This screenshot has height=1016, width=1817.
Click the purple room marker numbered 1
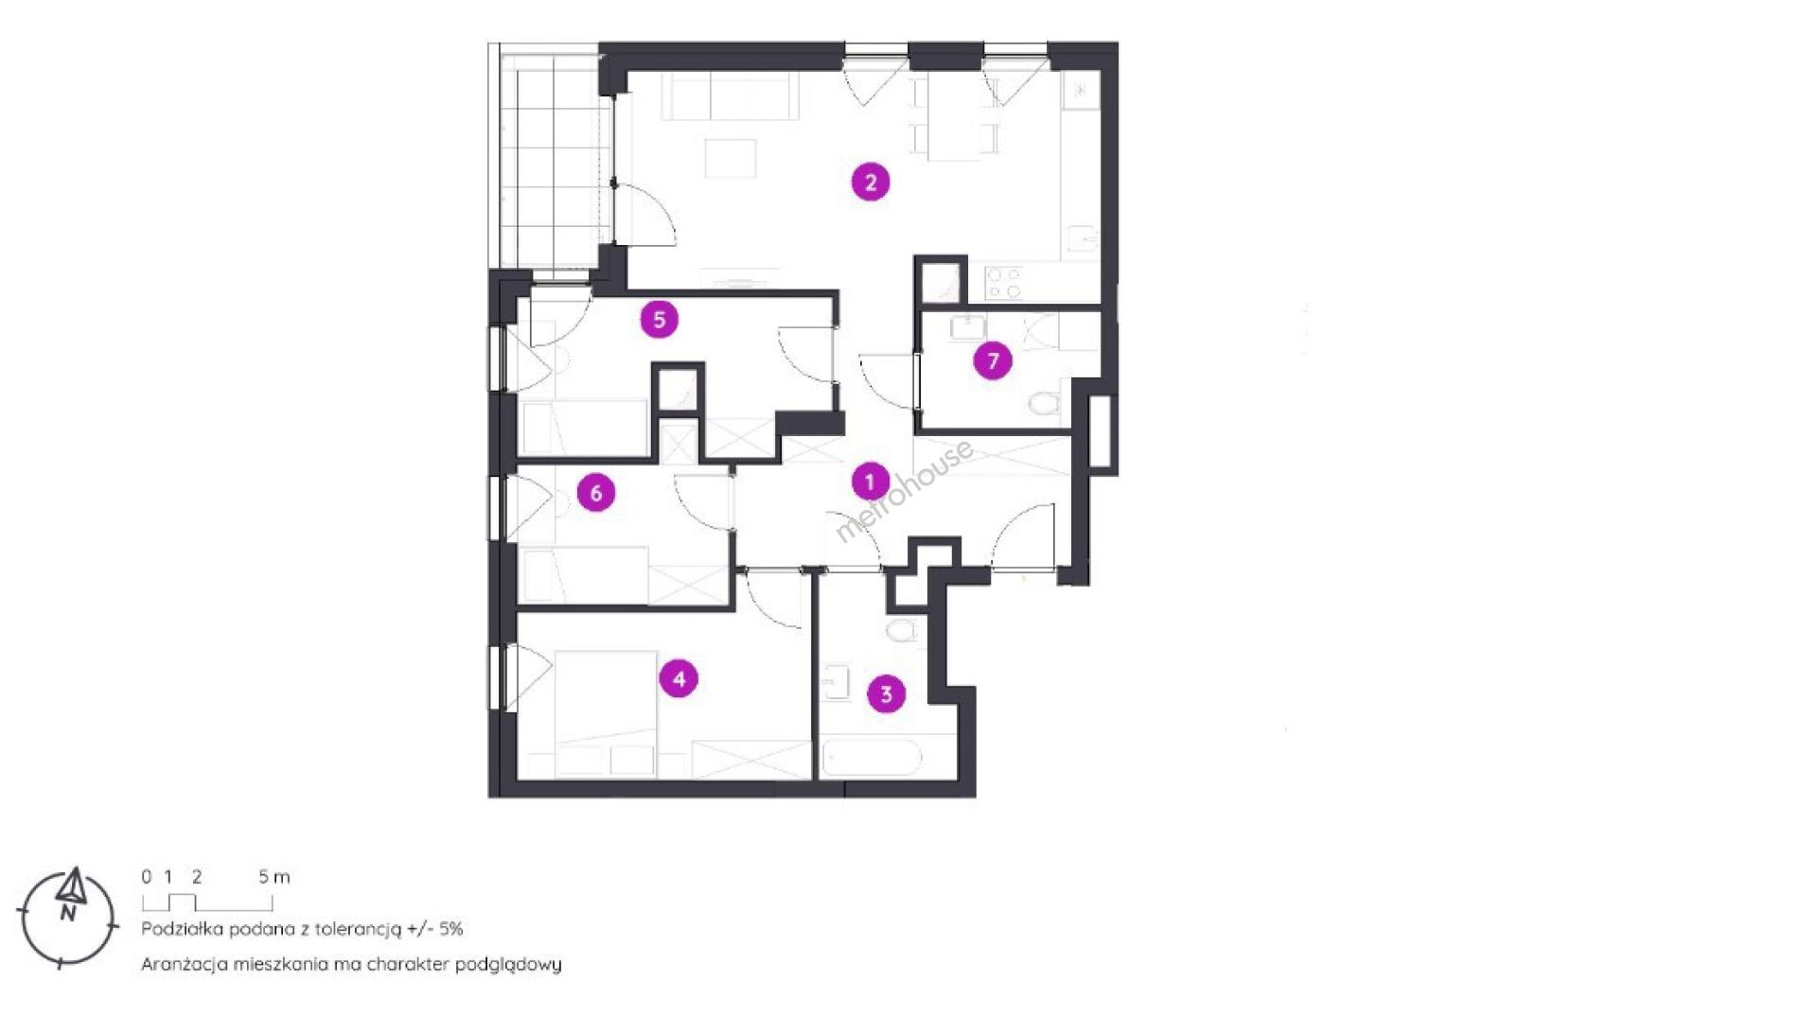tap(870, 482)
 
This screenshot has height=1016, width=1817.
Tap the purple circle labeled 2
tap(871, 182)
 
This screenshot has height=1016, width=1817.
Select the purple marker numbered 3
tap(886, 694)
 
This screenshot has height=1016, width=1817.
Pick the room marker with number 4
tap(679, 678)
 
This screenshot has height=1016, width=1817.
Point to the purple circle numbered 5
tap(660, 320)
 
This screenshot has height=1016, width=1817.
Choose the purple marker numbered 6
tap(596, 493)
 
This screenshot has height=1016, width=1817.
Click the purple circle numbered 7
tap(993, 360)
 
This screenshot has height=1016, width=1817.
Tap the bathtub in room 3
tap(872, 758)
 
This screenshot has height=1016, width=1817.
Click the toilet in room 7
tap(1043, 403)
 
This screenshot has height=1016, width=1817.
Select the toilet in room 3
tap(901, 630)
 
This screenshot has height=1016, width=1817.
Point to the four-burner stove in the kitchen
tap(1004, 282)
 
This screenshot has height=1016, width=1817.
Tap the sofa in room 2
tap(730, 97)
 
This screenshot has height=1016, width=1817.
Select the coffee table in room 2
tap(731, 159)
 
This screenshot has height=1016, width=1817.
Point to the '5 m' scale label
tap(274, 877)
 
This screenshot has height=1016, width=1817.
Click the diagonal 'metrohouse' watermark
tap(904, 490)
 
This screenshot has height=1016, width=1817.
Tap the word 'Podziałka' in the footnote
tap(182, 929)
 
